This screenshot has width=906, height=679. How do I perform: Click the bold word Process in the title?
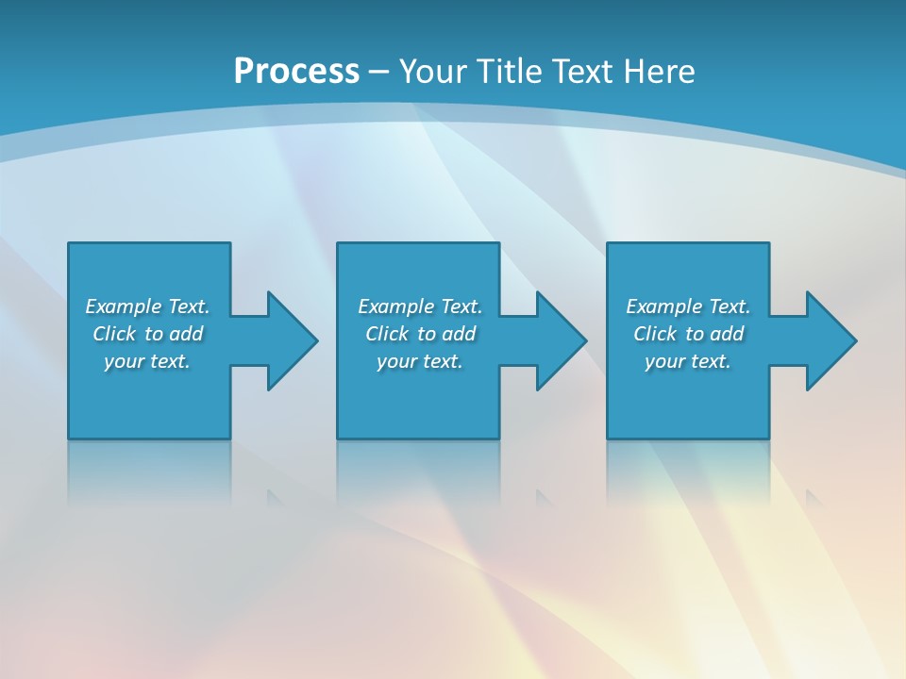tap(296, 72)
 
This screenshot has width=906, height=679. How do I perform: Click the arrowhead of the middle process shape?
tap(561, 340)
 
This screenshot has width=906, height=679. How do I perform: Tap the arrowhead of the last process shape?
tap(830, 340)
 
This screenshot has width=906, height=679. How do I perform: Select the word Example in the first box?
tap(124, 306)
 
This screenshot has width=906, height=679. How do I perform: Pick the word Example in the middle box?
tap(396, 306)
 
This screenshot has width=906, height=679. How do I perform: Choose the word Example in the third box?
tap(664, 306)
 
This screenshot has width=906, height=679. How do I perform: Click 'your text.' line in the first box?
tap(147, 361)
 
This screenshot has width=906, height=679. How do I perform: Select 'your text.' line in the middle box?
tap(420, 361)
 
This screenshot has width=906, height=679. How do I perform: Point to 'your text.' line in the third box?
tap(688, 361)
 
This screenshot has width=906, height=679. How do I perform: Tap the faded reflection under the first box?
tap(149, 472)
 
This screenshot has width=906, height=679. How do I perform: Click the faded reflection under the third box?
tap(688, 472)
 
